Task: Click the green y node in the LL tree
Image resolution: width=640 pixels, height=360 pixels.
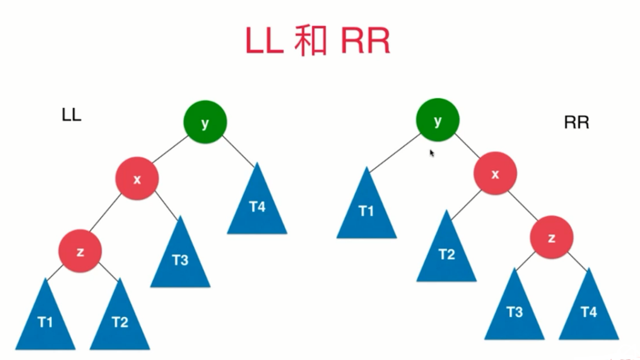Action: click(x=205, y=123)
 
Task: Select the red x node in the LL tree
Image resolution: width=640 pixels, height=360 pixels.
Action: click(x=137, y=179)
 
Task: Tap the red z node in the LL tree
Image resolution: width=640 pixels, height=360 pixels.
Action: click(x=80, y=251)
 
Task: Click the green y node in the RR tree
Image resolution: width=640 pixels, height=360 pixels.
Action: click(x=437, y=120)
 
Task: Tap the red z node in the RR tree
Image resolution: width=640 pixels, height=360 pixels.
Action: click(x=551, y=237)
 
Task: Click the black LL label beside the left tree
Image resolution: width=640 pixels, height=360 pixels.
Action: click(x=71, y=115)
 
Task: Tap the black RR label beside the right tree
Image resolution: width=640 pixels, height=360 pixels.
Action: click(x=577, y=122)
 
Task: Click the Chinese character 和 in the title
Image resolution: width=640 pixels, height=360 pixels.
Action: click(x=310, y=41)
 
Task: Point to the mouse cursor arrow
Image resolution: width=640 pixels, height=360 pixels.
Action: click(x=432, y=153)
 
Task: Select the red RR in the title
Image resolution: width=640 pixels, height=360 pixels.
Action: click(x=365, y=41)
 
